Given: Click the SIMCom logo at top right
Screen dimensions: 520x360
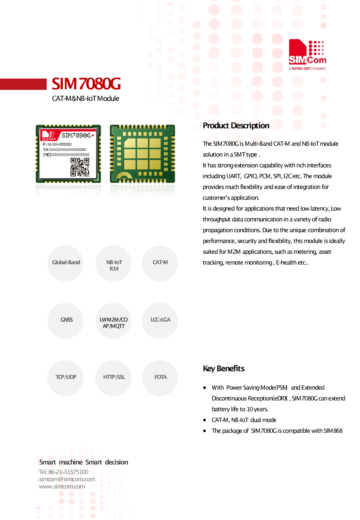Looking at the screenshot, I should coord(307,53).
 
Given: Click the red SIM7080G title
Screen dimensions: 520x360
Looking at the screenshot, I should coord(86,84).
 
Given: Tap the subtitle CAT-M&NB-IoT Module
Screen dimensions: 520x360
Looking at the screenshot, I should coord(86,99).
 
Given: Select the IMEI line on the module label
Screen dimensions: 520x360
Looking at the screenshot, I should coord(66,155).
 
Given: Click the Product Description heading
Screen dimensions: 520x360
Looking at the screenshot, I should coord(236,126).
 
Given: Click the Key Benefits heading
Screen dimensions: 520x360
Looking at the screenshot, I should coord(223,369).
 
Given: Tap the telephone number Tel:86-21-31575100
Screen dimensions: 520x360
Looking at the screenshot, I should coord(64,472).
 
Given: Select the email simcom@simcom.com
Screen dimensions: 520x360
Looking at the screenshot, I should coord(67,479).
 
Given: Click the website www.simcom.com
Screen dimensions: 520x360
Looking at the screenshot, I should coord(62,486).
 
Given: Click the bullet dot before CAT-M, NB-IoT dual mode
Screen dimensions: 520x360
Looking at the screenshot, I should coord(205,420).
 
